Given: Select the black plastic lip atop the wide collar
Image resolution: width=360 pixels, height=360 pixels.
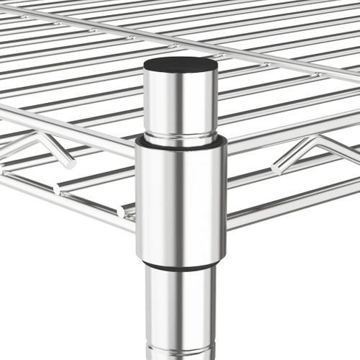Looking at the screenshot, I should pyautogui.click(x=181, y=143).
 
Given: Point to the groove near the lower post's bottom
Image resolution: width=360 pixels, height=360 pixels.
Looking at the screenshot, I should pyautogui.click(x=180, y=351).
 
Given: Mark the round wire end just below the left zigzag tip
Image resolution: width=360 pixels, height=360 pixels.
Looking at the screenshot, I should pyautogui.click(x=57, y=188).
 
